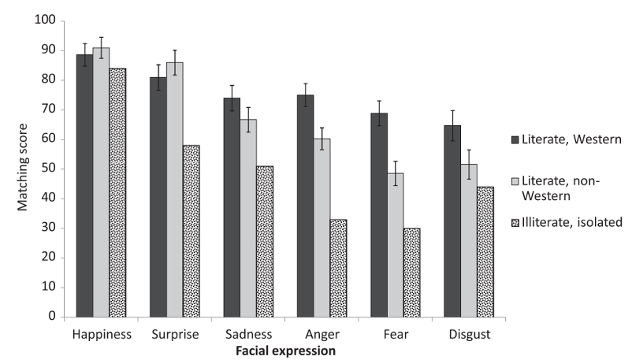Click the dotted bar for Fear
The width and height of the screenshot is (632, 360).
coord(412,272)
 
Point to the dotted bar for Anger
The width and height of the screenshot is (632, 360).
coord(339,268)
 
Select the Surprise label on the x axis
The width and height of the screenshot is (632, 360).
coord(175,334)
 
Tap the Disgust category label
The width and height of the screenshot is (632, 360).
coord(470,334)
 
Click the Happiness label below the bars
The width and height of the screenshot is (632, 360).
coord(101,334)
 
